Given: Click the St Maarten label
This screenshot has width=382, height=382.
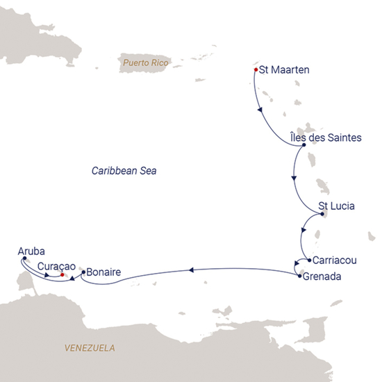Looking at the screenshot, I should click(284, 70).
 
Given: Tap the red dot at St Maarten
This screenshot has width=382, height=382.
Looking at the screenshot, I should click(256, 70).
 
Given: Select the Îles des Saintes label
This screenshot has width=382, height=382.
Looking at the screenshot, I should click(325, 138).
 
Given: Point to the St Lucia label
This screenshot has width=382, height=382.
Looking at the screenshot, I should click(337, 206).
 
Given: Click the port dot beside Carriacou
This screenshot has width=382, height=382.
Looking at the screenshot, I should click(308, 261).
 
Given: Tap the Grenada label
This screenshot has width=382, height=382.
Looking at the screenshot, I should click(324, 276).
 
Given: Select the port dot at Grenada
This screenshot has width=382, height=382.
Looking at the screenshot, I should click(299, 276).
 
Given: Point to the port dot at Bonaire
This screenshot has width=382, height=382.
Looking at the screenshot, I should click(83, 273).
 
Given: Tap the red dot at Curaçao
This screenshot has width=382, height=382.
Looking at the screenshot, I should click(63, 275).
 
